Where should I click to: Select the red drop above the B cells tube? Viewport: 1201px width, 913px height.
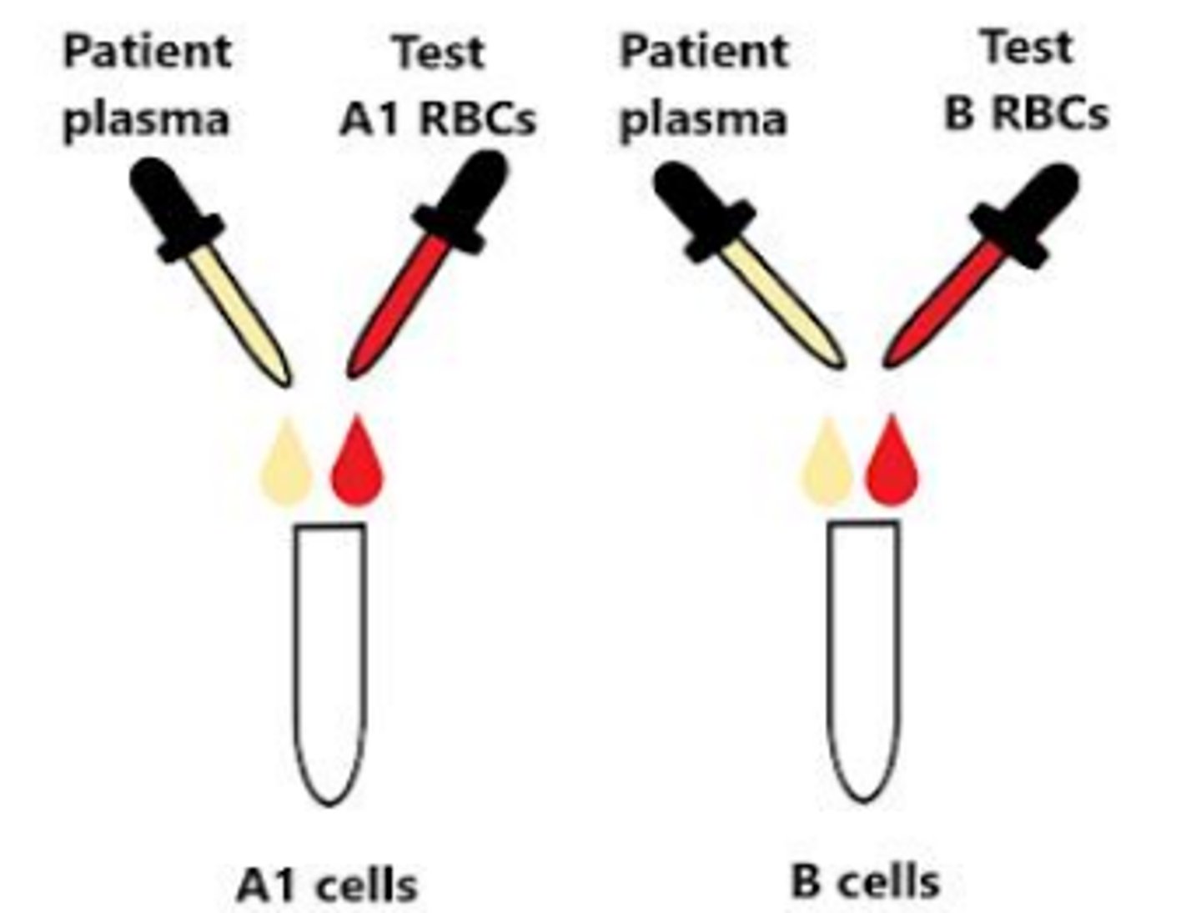892,465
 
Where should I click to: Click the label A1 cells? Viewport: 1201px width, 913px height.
327,884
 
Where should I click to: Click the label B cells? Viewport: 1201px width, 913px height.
865,881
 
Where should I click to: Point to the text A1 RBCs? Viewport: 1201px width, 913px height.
437,119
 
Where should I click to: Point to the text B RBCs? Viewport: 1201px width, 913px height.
1026,113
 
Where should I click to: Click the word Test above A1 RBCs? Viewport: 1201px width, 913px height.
439,52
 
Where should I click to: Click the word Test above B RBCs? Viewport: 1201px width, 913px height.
1026,47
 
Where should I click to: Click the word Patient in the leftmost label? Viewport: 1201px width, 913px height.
147,52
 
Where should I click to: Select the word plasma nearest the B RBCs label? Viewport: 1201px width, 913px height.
703,119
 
